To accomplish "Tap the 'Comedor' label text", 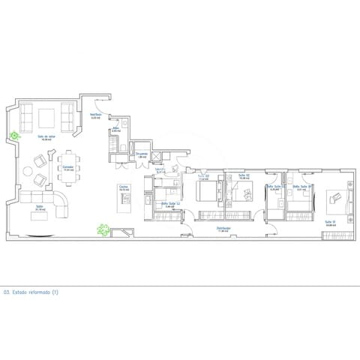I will click(67, 167).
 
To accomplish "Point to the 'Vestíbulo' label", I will click(96, 115).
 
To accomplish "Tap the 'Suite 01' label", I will click(330, 222).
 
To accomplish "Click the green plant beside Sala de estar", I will click(13, 136).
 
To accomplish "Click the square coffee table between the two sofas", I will click(46, 118).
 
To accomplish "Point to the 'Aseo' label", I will click(115, 130).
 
